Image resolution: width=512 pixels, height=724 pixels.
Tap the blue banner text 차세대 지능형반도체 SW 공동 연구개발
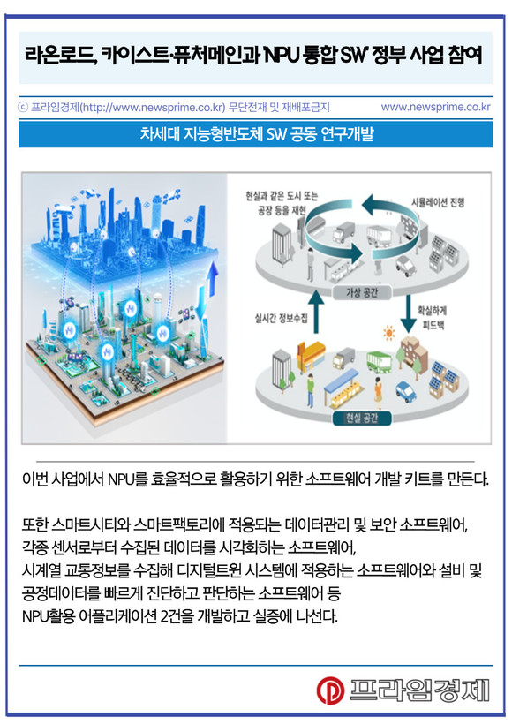[x=256, y=134]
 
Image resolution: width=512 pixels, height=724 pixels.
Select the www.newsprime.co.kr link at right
[x=435, y=107]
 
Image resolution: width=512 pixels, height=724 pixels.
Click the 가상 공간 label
[x=362, y=292]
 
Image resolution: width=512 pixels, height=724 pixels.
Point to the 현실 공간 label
[x=362, y=418]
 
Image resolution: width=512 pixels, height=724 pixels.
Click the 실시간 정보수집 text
[x=282, y=318]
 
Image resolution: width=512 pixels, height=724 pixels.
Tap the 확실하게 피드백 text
[x=433, y=317]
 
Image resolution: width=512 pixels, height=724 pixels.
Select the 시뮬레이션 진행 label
[x=438, y=202]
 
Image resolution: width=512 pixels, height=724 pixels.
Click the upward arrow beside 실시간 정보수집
[x=316, y=311]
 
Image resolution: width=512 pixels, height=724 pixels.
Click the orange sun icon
[x=389, y=333]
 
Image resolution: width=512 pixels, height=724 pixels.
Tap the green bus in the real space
[x=379, y=361]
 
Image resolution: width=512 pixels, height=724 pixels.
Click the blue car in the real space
[x=406, y=391]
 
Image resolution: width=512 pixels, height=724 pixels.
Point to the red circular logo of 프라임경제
[x=330, y=690]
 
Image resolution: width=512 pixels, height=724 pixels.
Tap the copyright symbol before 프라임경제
[x=23, y=108]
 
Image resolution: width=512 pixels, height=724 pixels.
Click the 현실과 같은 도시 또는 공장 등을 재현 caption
[x=282, y=203]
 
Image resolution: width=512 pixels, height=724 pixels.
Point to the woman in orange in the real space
[x=379, y=393]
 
